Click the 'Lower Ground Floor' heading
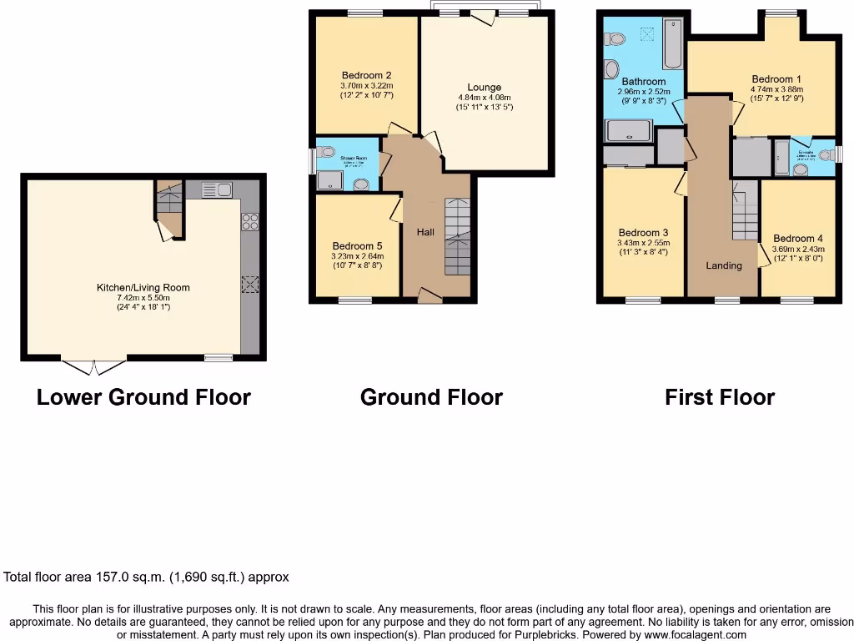click(143, 397)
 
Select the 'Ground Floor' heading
click(431, 397)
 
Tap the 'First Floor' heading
click(719, 397)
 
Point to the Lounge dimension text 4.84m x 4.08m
click(485, 97)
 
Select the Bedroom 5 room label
click(357, 245)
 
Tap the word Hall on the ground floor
click(425, 232)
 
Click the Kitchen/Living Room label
click(143, 287)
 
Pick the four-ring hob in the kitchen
click(249, 222)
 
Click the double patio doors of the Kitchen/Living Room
click(94, 366)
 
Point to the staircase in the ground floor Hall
click(457, 237)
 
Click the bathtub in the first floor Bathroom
click(673, 47)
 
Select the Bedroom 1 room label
click(766, 81)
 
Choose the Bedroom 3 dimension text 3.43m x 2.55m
click(643, 243)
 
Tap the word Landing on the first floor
click(723, 265)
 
